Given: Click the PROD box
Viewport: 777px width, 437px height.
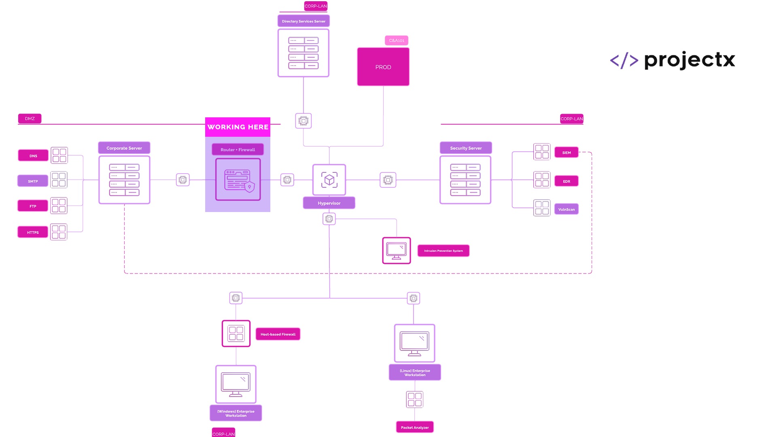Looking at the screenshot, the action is pyautogui.click(x=383, y=67).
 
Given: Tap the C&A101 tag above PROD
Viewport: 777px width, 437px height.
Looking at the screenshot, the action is pyautogui.click(x=397, y=40).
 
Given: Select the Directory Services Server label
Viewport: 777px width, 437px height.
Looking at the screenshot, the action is pyautogui.click(x=304, y=21).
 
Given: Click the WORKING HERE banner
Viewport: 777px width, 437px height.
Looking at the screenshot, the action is pyautogui.click(x=238, y=127).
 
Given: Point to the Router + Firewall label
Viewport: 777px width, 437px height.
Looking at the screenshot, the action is pyautogui.click(x=238, y=150).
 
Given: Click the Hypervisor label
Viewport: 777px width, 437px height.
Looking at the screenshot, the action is pyautogui.click(x=329, y=203).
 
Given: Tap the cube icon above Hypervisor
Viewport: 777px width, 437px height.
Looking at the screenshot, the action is pyautogui.click(x=329, y=180).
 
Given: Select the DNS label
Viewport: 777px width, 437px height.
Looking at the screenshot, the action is pyautogui.click(x=33, y=156).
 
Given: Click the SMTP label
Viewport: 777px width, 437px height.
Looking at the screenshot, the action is pyautogui.click(x=33, y=181).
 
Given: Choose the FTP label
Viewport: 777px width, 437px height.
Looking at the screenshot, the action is pyautogui.click(x=33, y=206).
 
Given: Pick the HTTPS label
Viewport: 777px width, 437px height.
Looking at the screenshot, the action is pyautogui.click(x=33, y=232).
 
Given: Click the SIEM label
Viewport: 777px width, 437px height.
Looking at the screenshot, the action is pyautogui.click(x=567, y=153).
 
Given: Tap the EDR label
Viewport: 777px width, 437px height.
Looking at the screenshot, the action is pyautogui.click(x=567, y=181).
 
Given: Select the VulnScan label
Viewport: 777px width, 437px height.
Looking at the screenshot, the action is pyautogui.click(x=567, y=209).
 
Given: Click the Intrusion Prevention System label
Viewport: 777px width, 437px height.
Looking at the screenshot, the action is pyautogui.click(x=444, y=251).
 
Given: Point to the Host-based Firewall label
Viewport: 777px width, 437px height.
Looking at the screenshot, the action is pyautogui.click(x=278, y=334).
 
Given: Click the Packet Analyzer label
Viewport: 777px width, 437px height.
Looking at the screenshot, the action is pyautogui.click(x=415, y=427).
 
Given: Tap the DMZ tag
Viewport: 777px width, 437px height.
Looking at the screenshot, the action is pyautogui.click(x=30, y=119).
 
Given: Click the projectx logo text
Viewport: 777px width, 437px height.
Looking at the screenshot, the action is pyautogui.click(x=690, y=60).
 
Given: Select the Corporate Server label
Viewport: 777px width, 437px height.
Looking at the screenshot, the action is pyautogui.click(x=124, y=148).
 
